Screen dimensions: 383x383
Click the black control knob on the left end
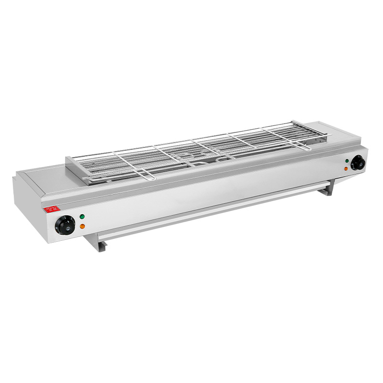coord(65,225)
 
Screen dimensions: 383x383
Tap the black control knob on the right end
coord(358,163)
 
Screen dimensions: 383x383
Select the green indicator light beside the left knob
coord(82,216)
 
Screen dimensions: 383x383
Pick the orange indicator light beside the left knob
coord(82,226)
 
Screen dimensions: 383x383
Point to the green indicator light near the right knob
coord(346,161)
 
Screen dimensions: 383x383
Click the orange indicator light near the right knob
coord(346,169)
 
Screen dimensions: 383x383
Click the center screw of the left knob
coord(65,225)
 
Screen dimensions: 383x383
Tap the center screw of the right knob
coord(358,163)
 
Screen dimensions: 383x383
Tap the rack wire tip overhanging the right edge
coord(329,135)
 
